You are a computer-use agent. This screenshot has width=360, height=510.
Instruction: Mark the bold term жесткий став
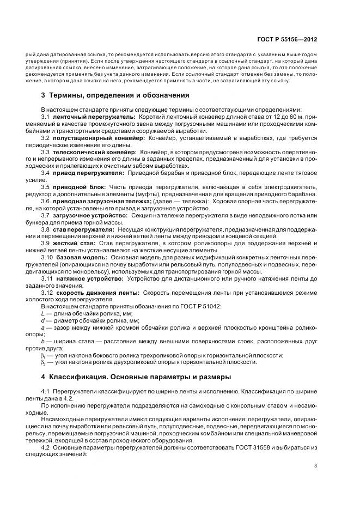click(x=73, y=244)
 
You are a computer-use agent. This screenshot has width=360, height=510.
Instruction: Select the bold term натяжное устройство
click(x=86, y=278)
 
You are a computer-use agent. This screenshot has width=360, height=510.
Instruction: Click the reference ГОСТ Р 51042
click(x=201, y=307)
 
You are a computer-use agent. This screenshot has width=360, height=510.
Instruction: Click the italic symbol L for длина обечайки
click(x=42, y=314)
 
